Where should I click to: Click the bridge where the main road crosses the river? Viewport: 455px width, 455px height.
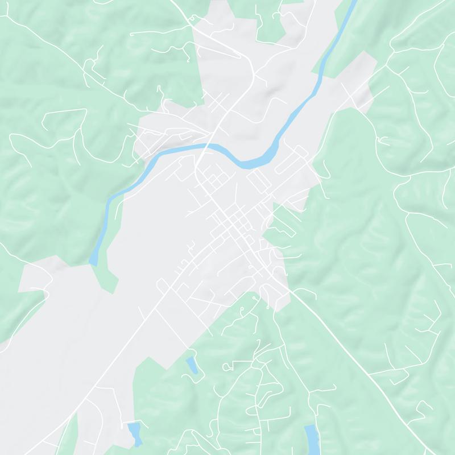click(x=205, y=147)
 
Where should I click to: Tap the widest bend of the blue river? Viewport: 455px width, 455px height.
click(x=256, y=162)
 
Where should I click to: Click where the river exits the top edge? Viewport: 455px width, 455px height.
click(x=353, y=2)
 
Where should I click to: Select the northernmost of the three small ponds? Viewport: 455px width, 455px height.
click(x=192, y=365)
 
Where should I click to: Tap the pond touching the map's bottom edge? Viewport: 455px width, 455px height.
click(x=311, y=441)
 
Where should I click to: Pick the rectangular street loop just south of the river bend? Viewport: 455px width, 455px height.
click(x=259, y=184)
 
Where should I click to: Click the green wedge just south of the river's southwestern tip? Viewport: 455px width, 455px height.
click(x=105, y=279)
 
